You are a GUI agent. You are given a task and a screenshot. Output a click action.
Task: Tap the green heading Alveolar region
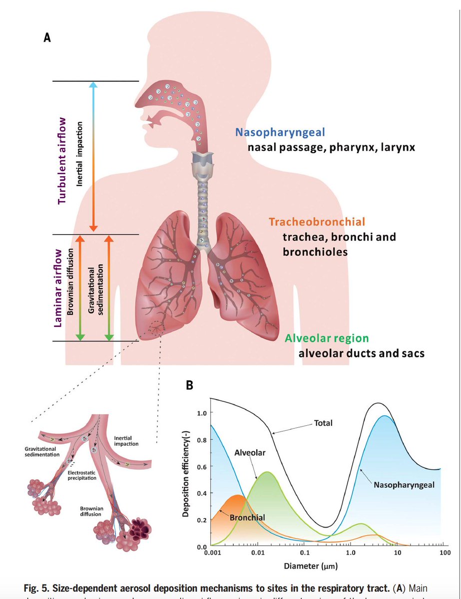pyautogui.click(x=327, y=338)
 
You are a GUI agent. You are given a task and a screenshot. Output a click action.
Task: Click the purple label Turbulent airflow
pyautogui.click(x=62, y=160)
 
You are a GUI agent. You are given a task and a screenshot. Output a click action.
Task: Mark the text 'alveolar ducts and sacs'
pyautogui.click(x=362, y=353)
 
